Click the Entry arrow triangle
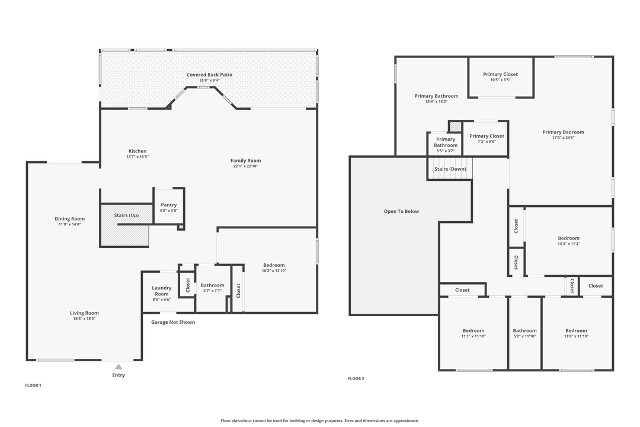(x=119, y=367)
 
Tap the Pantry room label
(x=169, y=205)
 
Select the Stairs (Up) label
(x=126, y=215)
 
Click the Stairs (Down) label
(x=450, y=169)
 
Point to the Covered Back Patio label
(x=209, y=75)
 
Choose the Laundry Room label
(x=161, y=291)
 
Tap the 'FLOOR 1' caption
(x=33, y=385)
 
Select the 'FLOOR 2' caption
(x=356, y=378)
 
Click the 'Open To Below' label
(x=401, y=211)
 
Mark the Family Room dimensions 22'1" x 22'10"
(x=245, y=166)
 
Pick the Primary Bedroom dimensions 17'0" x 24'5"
(x=563, y=138)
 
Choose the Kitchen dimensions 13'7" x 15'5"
(x=137, y=157)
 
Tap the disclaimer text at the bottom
(x=319, y=420)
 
